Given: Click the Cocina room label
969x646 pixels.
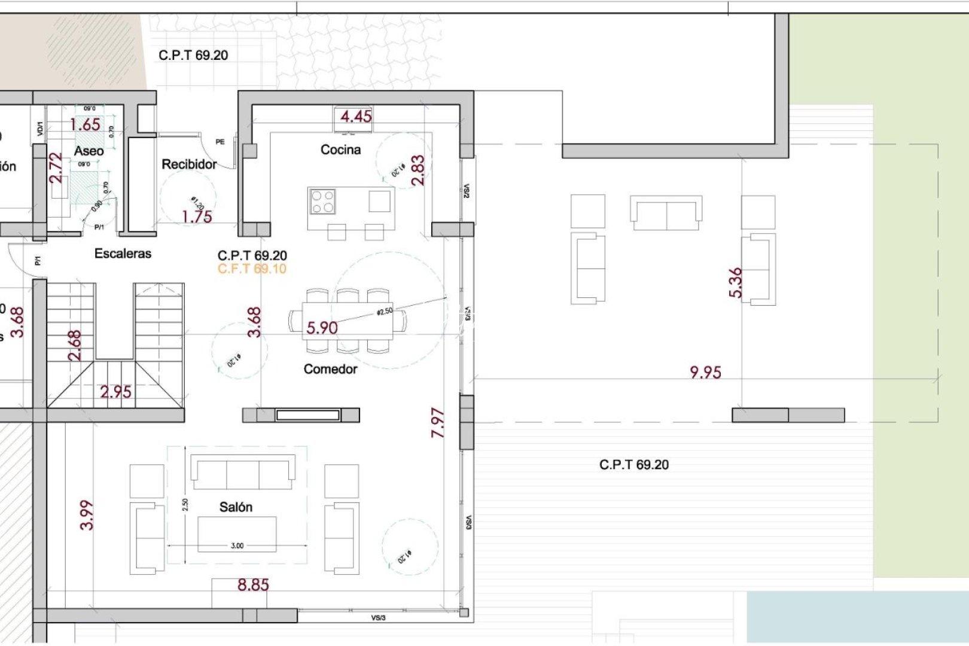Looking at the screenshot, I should click(340, 150).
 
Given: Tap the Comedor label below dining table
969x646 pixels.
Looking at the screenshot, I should click(330, 369).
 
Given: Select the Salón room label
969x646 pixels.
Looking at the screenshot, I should click(236, 507).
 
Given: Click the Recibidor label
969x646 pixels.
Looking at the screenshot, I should click(189, 164).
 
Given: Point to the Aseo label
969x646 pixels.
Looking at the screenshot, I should click(89, 151).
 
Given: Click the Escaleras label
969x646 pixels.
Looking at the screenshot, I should click(123, 254).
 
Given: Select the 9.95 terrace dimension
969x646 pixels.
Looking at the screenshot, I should click(705, 372).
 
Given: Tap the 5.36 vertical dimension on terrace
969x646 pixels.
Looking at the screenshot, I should click(735, 282).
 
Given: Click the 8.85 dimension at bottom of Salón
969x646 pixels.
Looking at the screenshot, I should click(253, 584).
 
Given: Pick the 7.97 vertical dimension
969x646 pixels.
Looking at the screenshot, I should click(438, 422).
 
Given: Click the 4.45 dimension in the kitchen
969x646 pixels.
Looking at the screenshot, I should click(356, 116).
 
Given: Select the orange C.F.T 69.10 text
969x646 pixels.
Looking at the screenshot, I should click(252, 269).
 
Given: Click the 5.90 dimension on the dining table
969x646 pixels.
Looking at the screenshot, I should click(322, 328).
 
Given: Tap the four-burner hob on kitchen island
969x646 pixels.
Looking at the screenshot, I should click(322, 202).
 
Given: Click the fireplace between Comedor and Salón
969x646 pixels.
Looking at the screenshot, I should click(307, 415).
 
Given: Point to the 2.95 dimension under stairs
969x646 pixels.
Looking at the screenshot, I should click(115, 392).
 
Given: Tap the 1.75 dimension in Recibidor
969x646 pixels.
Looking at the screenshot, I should click(197, 217).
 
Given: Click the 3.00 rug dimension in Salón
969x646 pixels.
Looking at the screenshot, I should click(237, 546).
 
